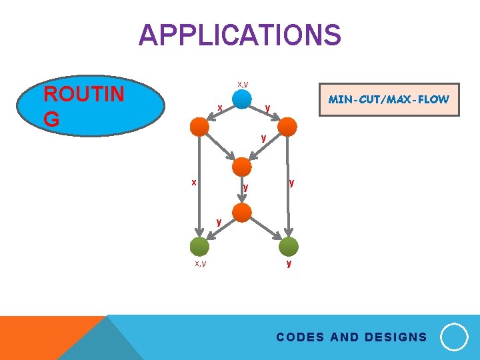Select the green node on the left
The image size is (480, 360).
click(x=199, y=247)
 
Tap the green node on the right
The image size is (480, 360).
click(x=288, y=247)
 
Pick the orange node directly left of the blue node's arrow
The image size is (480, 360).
click(x=199, y=126)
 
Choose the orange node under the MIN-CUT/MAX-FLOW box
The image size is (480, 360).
click(x=287, y=126)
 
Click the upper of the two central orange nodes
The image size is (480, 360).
click(x=242, y=167)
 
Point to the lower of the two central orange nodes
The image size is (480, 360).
click(x=242, y=213)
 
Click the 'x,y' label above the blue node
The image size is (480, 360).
click(x=243, y=84)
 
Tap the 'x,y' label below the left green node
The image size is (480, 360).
click(x=200, y=264)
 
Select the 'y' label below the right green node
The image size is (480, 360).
click(x=288, y=264)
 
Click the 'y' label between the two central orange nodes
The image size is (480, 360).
click(x=245, y=187)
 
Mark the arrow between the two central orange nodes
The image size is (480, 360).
click(x=241, y=190)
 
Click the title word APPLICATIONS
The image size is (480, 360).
click(x=239, y=35)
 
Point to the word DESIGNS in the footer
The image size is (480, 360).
click(x=394, y=337)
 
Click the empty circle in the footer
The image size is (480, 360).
click(x=454, y=337)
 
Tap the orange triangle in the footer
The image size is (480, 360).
click(x=40, y=337)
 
